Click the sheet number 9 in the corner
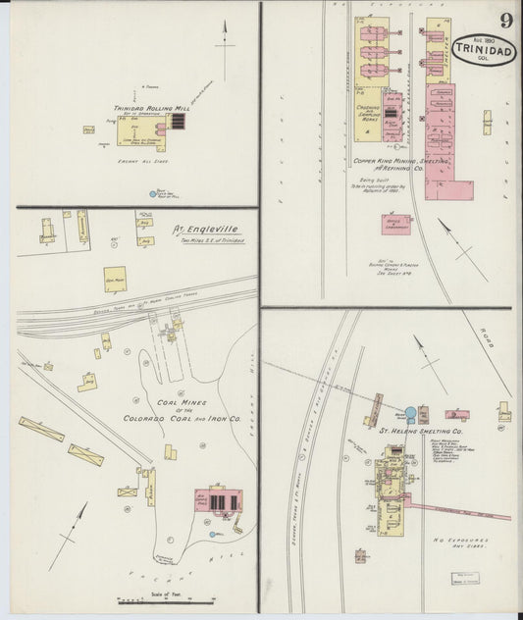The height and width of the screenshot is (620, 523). (x=505, y=20)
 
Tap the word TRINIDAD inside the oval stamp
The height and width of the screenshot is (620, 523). (x=484, y=47)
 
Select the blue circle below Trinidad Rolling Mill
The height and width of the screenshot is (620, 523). (x=152, y=194)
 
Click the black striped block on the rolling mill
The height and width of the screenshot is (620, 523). (x=178, y=121)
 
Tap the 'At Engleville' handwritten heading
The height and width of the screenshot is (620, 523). (x=205, y=232)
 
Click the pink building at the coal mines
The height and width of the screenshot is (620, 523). (x=217, y=500)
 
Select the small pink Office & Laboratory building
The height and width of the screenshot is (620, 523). (x=396, y=225)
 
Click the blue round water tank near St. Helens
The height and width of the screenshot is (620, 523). (x=410, y=414)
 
